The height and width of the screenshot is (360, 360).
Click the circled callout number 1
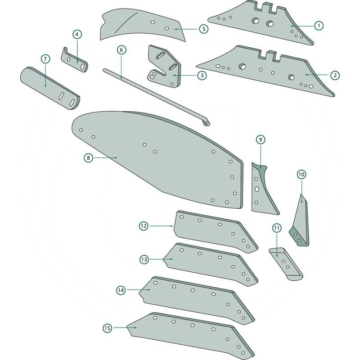[318, 26]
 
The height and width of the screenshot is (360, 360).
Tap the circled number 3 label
[202, 76]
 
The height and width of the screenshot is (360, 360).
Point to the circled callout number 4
[77, 35]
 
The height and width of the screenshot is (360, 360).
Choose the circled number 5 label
[203, 29]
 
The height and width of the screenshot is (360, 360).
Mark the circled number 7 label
[45, 59]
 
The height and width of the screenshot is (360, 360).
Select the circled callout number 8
[88, 157]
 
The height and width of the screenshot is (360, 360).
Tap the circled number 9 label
[261, 139]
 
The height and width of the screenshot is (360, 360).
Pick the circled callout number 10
[301, 174]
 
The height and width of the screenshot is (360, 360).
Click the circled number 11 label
[276, 228]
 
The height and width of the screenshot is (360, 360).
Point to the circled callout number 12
[144, 226]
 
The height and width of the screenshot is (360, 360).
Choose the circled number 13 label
[144, 259]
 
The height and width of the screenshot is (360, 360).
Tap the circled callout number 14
[120, 291]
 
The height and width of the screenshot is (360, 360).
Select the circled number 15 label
[106, 328]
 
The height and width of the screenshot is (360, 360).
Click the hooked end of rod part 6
[208, 122]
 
